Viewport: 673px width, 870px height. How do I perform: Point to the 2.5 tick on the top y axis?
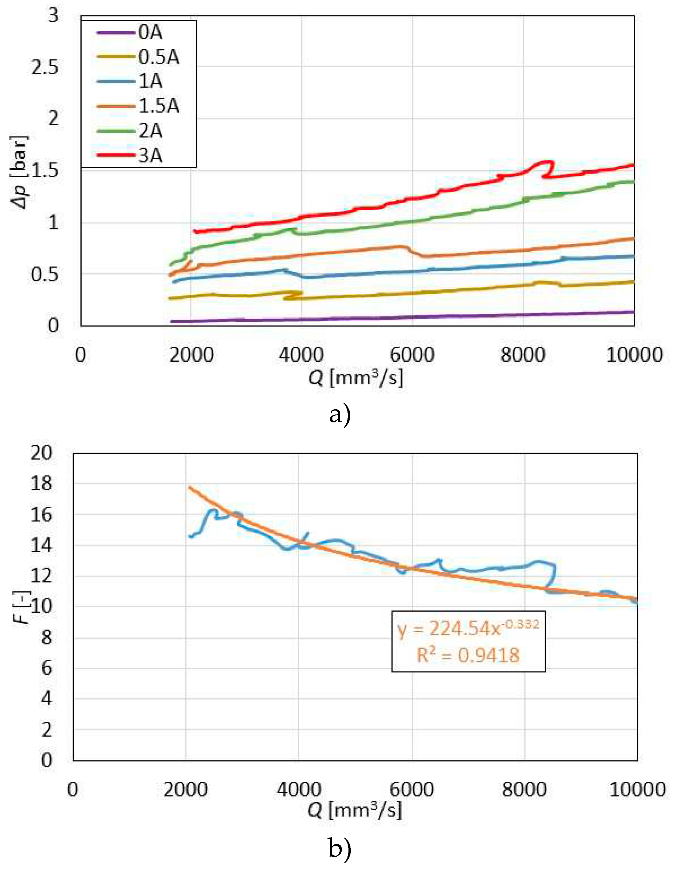[x=45, y=67]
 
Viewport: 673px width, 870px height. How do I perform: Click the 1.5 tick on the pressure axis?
[x=45, y=171]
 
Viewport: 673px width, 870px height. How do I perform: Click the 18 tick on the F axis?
[x=41, y=484]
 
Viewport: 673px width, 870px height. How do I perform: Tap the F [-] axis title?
[x=24, y=608]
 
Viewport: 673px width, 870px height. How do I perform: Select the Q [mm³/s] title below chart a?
[x=356, y=377]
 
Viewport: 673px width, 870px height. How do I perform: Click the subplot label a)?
[x=340, y=415]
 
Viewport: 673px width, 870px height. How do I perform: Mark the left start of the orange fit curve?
[x=190, y=487]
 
